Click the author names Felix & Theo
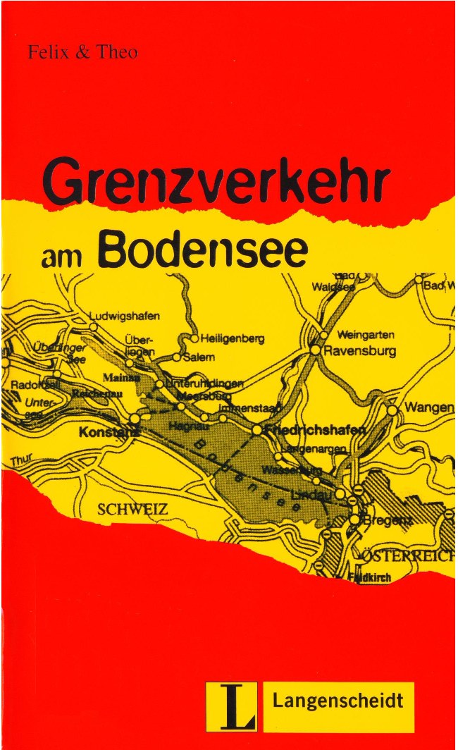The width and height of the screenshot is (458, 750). (82, 53)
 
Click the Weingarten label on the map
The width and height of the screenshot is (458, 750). (366, 334)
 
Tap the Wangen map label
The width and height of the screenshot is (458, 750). (429, 408)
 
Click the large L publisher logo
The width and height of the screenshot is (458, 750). (230, 707)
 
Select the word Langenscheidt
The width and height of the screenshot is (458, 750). (338, 701)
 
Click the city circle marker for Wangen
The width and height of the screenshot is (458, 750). (392, 410)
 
